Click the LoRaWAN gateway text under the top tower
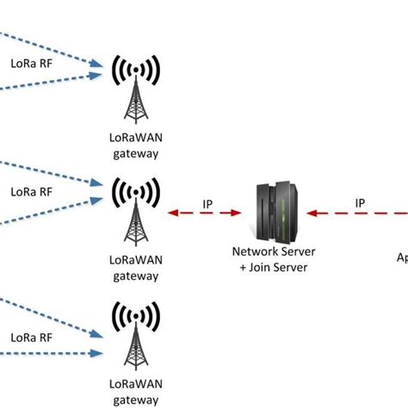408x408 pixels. [x=135, y=145]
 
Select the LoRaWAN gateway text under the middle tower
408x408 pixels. [x=135, y=268]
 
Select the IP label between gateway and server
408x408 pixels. [x=207, y=204]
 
